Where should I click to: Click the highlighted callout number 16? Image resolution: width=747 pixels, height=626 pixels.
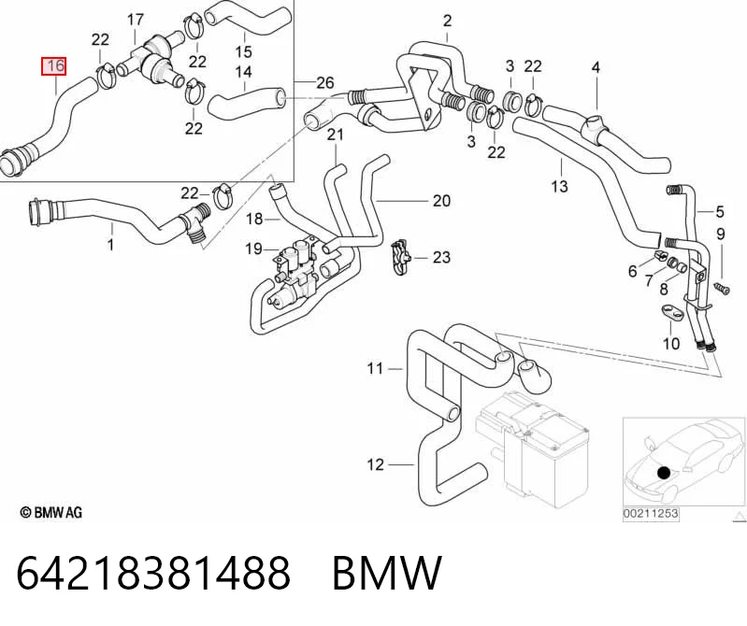coord(54,66)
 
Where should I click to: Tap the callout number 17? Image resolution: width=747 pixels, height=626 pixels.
coord(136,20)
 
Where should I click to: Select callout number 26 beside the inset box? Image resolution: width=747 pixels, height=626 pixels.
coord(325,83)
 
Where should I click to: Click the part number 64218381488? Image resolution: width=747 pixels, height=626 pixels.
coord(153,572)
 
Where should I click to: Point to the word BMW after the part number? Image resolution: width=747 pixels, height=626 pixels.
coord(387,572)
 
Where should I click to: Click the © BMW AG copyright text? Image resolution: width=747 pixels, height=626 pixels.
coord(51,512)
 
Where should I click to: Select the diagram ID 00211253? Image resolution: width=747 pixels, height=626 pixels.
coord(651,514)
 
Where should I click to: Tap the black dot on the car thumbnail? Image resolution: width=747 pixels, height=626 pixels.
coord(664,473)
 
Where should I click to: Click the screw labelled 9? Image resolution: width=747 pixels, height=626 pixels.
coord(723,288)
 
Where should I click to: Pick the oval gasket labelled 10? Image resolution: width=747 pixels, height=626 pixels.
coord(672,313)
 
